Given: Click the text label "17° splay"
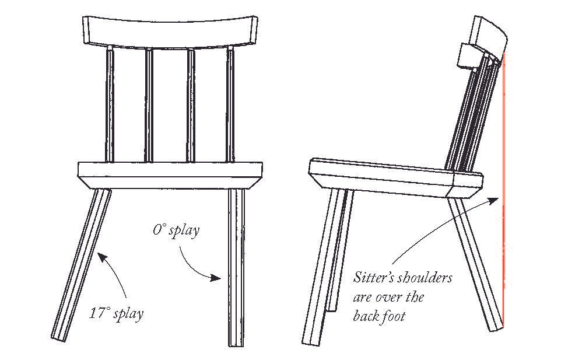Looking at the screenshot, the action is [x=117, y=313].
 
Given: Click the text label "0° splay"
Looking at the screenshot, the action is [x=176, y=230].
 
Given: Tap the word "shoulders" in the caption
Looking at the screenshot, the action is [x=426, y=278].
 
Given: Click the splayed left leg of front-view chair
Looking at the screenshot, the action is [x=82, y=263].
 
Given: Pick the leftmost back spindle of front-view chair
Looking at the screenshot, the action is [x=110, y=105].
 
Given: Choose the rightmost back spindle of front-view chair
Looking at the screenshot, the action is [x=230, y=105].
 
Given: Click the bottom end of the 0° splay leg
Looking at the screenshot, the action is [x=236, y=343].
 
